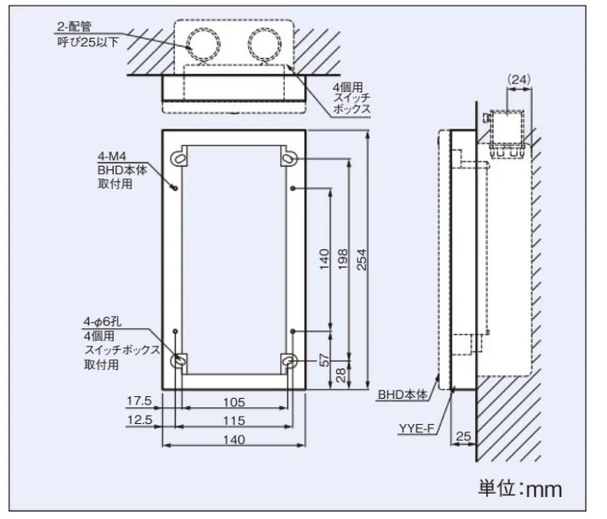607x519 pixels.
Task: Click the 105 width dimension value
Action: click(233, 401)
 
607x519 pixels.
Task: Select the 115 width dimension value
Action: click(233, 420)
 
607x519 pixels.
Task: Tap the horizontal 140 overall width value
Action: click(233, 439)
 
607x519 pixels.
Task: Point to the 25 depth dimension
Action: click(464, 437)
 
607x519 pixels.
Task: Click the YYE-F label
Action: click(416, 428)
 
